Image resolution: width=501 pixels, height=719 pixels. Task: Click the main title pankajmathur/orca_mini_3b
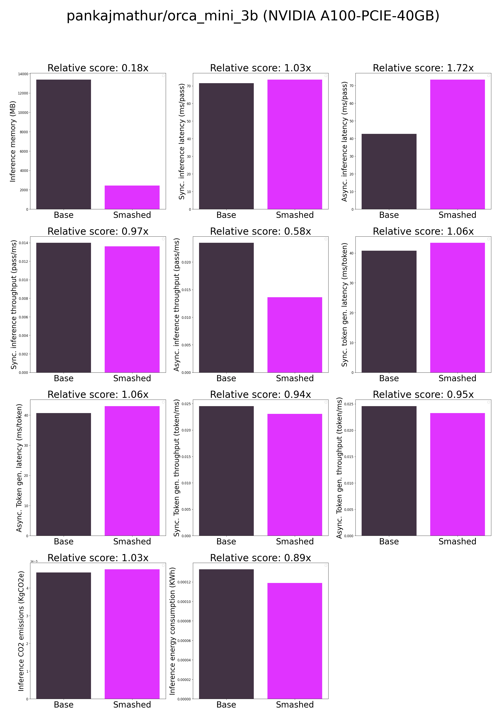[x=253, y=16]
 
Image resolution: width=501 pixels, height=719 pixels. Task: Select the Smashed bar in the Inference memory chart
[x=132, y=197]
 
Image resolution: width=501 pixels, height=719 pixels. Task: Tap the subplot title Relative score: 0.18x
[x=98, y=68]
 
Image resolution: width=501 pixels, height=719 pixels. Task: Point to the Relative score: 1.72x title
[x=423, y=68]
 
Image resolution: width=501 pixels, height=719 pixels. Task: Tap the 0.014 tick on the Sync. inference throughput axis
[x=23, y=243]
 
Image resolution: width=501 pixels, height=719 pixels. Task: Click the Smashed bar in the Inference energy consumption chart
[x=294, y=640]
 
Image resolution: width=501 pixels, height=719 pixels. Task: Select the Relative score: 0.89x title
[x=260, y=558]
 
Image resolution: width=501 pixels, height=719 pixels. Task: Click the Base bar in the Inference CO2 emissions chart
[x=64, y=636]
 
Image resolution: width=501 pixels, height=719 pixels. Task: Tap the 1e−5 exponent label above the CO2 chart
[x=34, y=561]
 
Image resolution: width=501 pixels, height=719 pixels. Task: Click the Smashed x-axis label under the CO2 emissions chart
[x=132, y=705]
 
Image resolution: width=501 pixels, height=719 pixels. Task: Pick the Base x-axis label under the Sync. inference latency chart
[x=226, y=215]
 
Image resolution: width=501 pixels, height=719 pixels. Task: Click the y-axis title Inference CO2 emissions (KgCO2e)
[x=21, y=631]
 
